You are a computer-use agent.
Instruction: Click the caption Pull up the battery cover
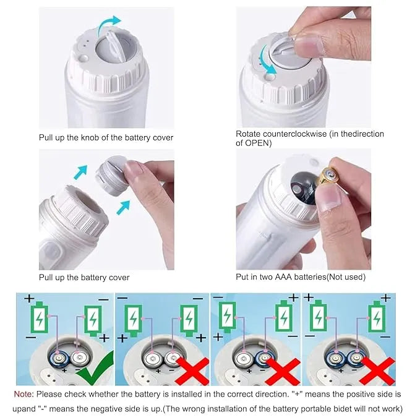pyautogui.click(x=84, y=278)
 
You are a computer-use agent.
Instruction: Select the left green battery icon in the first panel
pyautogui.click(x=41, y=319)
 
